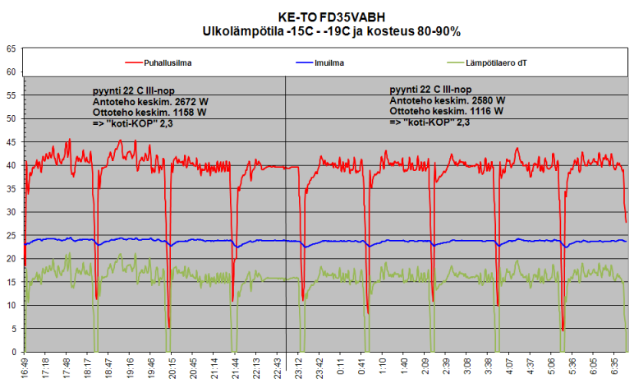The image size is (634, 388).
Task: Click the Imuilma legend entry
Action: (x=329, y=62)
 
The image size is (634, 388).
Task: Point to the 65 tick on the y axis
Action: (x=11, y=49)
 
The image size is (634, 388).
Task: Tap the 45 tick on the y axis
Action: (x=11, y=142)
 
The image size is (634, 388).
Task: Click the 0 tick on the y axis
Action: (x=13, y=352)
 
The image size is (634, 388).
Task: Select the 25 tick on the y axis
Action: (x=11, y=235)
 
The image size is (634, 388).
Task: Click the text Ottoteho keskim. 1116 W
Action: (x=447, y=110)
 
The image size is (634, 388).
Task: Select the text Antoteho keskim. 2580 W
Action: (x=447, y=99)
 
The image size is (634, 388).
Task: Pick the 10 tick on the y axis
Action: (x=11, y=305)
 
